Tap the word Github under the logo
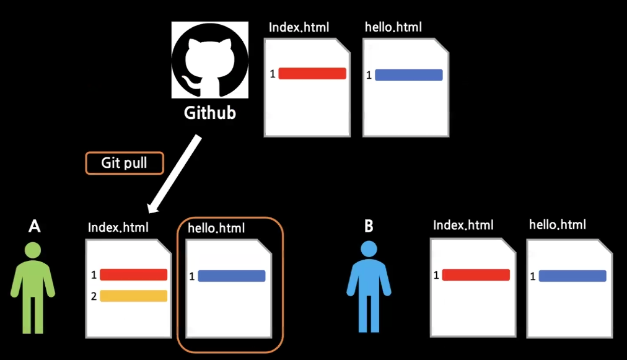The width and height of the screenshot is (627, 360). (210, 113)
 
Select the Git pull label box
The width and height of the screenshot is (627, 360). (124, 163)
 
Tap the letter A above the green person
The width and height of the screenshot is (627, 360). (35, 226)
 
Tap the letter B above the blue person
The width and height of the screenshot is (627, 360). (369, 226)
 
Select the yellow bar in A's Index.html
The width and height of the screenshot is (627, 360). (134, 296)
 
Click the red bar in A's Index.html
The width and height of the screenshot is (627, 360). (134, 274)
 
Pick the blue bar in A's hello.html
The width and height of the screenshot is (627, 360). (232, 276)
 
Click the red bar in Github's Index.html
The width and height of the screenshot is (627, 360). (312, 74)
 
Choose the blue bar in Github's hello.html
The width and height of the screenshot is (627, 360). (409, 75)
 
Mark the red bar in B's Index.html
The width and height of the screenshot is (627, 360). (476, 274)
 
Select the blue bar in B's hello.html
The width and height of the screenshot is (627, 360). (572, 276)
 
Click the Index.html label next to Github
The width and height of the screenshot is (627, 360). (299, 27)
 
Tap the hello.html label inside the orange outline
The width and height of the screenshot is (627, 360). (216, 229)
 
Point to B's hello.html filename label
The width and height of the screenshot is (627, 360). (558, 225)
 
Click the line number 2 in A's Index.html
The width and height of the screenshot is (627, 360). (94, 296)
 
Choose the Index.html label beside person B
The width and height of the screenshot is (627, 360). (463, 225)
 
